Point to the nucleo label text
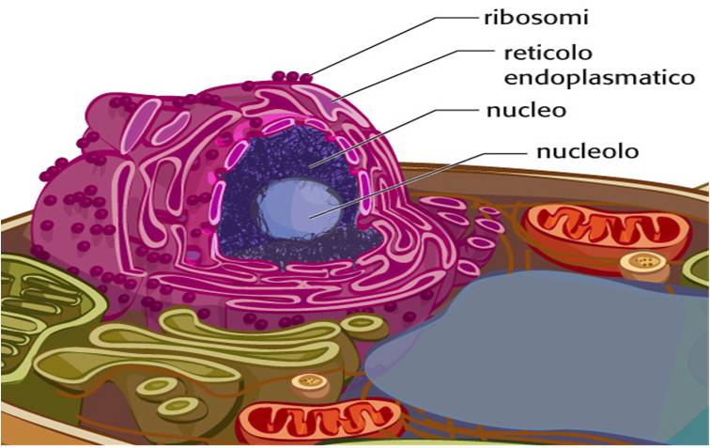coord(526,110)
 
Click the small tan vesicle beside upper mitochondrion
coord(644,264)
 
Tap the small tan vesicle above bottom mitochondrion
coord(310,383)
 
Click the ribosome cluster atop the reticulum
coord(291,76)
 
